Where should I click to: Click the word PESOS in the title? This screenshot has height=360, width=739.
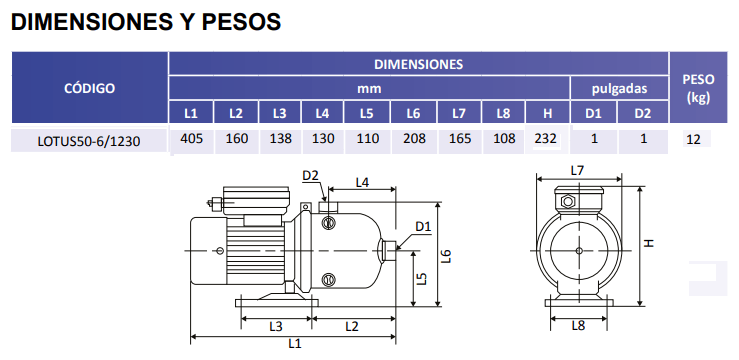(242, 22)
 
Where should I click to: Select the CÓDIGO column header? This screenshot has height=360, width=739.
(90, 88)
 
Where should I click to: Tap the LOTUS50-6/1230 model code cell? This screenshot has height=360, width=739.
(89, 141)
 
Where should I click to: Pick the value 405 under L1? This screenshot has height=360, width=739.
(191, 139)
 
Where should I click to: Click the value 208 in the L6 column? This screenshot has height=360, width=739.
(415, 139)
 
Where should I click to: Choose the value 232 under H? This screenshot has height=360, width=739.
(546, 139)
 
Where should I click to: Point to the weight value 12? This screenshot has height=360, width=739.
(693, 139)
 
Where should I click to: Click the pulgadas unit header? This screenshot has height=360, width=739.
(619, 88)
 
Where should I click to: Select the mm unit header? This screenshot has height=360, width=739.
(369, 89)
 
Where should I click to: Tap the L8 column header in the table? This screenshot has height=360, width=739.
(503, 113)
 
